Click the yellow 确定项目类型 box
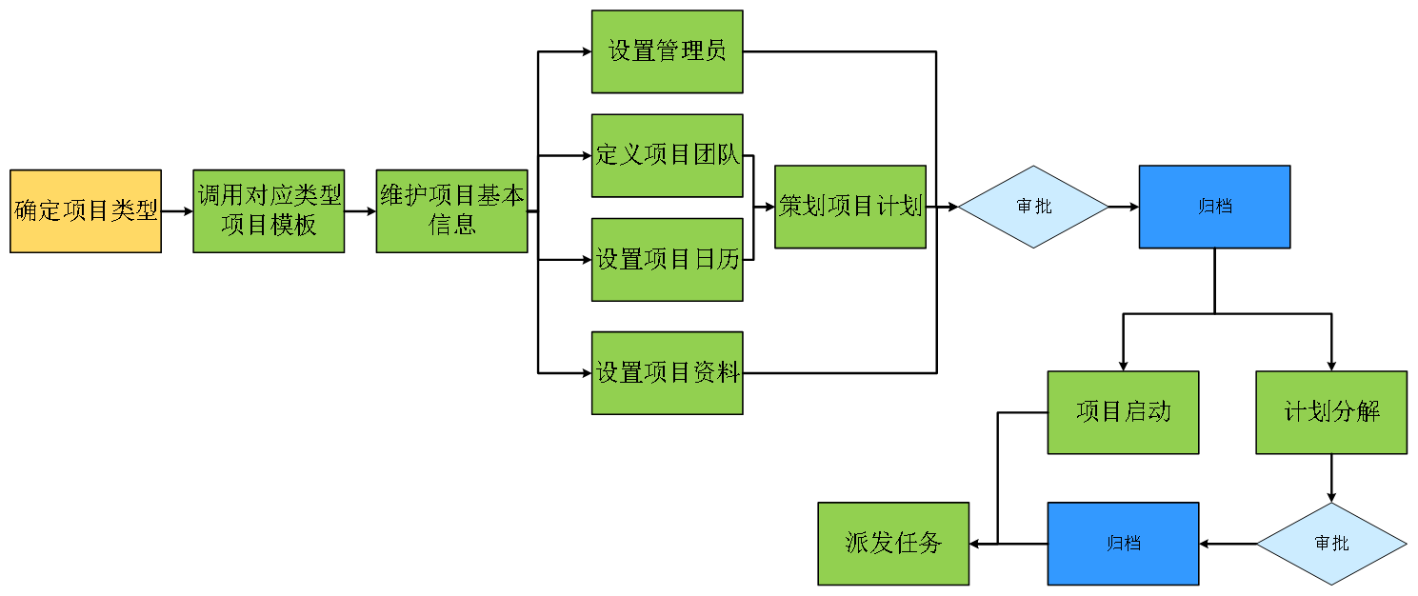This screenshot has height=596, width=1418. pyautogui.click(x=86, y=211)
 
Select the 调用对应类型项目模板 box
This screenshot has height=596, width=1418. pyautogui.click(x=269, y=211)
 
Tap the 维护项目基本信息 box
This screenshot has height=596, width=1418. pyautogui.click(x=451, y=211)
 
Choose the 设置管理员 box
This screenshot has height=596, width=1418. pyautogui.click(x=667, y=51)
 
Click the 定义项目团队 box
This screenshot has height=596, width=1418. pyautogui.click(x=667, y=155)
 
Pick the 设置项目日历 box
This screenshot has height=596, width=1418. pyautogui.click(x=667, y=259)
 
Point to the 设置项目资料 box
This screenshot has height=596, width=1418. pyautogui.click(x=667, y=372)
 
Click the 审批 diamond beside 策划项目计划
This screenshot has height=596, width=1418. pyautogui.click(x=1033, y=207)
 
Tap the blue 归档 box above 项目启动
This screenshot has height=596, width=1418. pyautogui.click(x=1214, y=207)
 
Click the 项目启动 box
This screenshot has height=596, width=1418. pyautogui.click(x=1123, y=412)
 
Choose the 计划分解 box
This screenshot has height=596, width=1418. pyautogui.click(x=1331, y=412)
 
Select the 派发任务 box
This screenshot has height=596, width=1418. pyautogui.click(x=893, y=544)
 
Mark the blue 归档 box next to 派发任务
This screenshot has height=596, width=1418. pyautogui.click(x=1123, y=544)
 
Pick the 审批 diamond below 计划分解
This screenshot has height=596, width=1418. pyautogui.click(x=1331, y=544)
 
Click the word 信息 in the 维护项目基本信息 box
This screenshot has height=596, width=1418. pyautogui.click(x=452, y=226)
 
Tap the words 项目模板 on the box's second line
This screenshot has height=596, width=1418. pyautogui.click(x=269, y=226)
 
